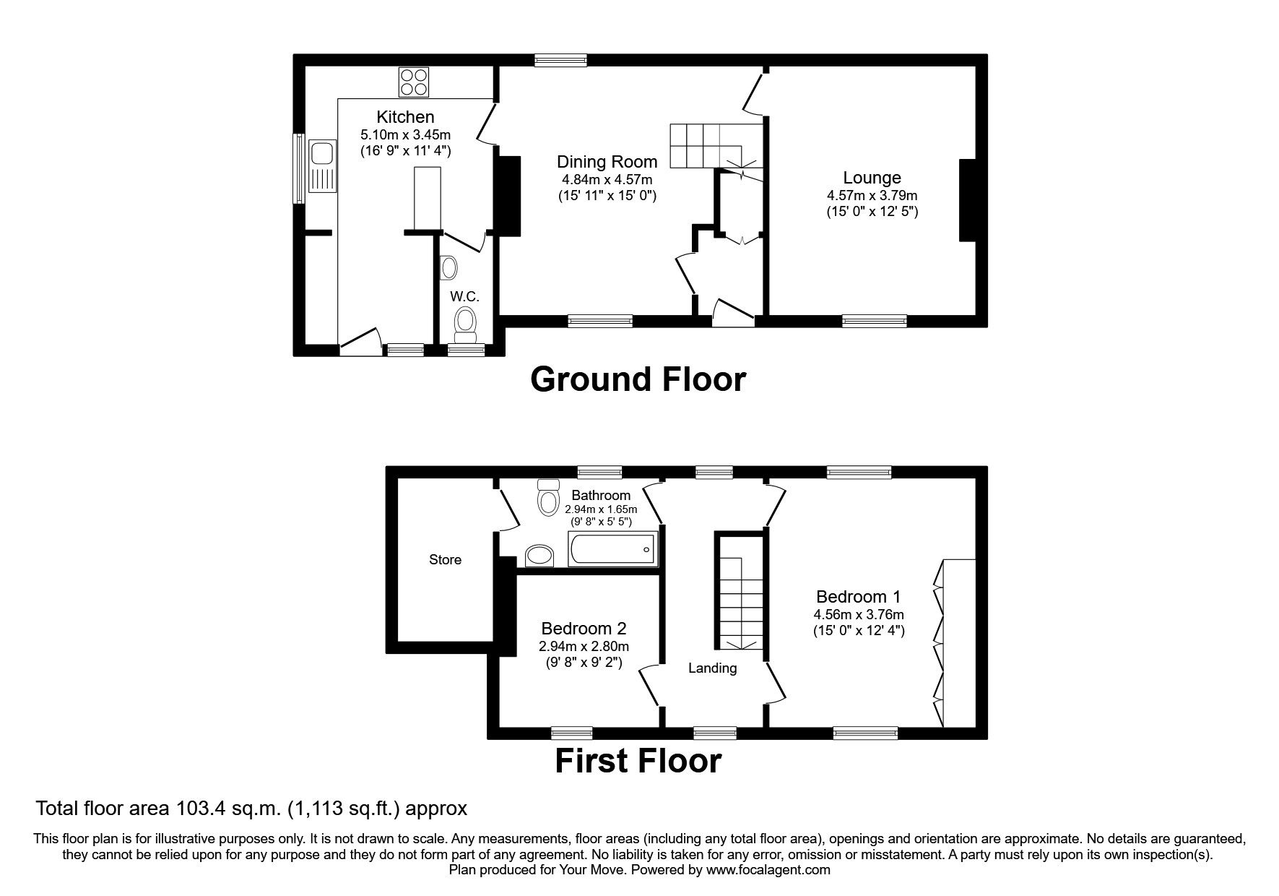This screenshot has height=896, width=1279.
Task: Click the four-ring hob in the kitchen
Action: pos(414,82)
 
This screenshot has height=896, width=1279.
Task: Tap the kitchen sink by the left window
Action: pos(321,165)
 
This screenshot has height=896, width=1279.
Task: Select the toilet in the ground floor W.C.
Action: pos(465,323)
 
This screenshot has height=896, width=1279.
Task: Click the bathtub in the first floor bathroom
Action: pos(612,549)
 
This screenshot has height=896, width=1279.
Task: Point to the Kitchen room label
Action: pos(405,117)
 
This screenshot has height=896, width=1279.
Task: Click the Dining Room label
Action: pos(607,162)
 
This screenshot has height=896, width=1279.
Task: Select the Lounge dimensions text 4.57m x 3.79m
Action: pos(872,195)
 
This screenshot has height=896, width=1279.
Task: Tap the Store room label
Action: pos(445,560)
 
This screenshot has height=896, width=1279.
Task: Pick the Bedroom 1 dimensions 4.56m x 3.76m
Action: pos(859,615)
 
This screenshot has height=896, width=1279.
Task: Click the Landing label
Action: pos(712,668)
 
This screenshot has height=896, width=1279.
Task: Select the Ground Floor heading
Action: pos(638,379)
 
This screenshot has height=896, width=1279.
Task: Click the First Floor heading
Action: pos(638,761)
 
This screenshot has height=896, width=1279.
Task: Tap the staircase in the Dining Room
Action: pos(711,145)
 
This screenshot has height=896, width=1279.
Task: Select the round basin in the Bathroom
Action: pos(539,555)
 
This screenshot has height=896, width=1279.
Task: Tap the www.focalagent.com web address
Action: pos(768,870)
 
